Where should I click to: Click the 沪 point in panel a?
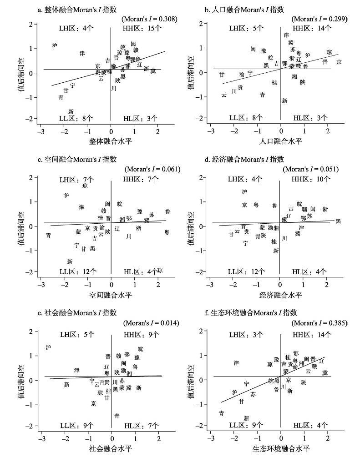[x=55, y=45]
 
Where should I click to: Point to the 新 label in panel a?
[x=71, y=111]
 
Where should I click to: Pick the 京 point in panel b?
[x=339, y=62]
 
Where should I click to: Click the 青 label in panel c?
[x=48, y=236]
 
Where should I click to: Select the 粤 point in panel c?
[x=167, y=232]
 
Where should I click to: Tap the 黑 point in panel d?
[x=338, y=221]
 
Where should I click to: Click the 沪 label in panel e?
[x=49, y=347]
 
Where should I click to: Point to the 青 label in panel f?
[x=221, y=413]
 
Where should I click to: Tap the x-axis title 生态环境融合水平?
[x=280, y=448]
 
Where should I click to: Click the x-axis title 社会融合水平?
[x=111, y=448]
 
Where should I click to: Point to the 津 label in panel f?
[x=236, y=363]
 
